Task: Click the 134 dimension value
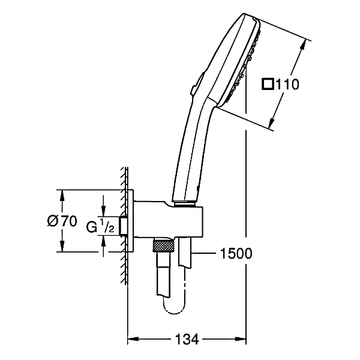(187, 339)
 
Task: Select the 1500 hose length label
(236, 253)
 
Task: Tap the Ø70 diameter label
(62, 221)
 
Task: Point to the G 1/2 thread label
(100, 226)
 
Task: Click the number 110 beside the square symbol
(287, 84)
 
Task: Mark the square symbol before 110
(268, 84)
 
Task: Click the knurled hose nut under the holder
(163, 246)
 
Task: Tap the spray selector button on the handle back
(197, 84)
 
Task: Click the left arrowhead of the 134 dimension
(133, 339)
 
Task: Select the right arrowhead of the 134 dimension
(241, 339)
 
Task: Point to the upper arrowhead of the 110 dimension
(303, 45)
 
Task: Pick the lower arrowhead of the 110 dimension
(272, 122)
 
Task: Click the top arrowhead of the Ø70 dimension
(62, 196)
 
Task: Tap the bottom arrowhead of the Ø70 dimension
(62, 246)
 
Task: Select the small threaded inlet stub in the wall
(124, 226)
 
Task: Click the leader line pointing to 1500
(203, 253)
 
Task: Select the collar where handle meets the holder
(184, 204)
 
